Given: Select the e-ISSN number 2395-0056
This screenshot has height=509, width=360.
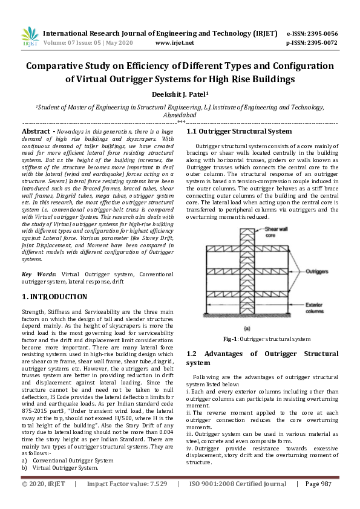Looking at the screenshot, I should (x=320, y=34).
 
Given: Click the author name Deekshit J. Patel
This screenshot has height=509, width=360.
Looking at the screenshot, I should (x=180, y=94).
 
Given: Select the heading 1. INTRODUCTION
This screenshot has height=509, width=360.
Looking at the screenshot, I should (x=54, y=297).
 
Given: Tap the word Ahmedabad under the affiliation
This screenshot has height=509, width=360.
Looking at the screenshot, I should (x=180, y=114).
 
